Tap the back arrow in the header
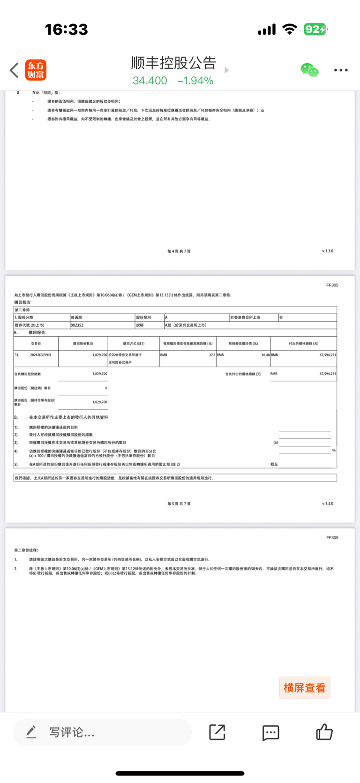click(x=14, y=70)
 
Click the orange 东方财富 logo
click(x=36, y=70)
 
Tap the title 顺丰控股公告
click(x=173, y=63)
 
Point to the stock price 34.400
click(x=150, y=81)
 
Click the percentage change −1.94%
click(x=195, y=81)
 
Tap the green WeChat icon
click(x=309, y=70)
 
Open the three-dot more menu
click(x=341, y=70)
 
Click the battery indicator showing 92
click(x=315, y=30)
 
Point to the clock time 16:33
click(x=67, y=30)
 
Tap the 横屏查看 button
click(x=305, y=688)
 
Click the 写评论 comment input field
click(x=102, y=732)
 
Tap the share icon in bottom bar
click(x=217, y=732)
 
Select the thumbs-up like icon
click(x=324, y=731)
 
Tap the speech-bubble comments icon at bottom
click(x=270, y=732)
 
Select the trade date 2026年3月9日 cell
click(x=41, y=355)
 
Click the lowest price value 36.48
click(x=265, y=355)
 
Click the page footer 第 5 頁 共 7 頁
click(x=179, y=504)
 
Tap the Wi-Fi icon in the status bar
click(x=290, y=30)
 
